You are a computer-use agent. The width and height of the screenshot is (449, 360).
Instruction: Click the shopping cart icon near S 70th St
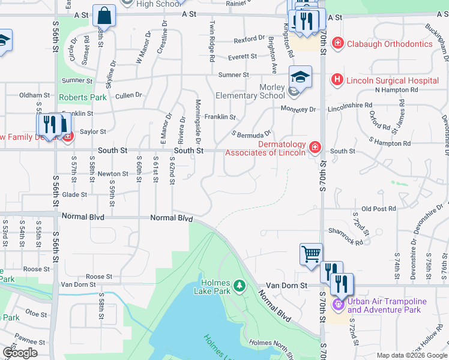click(311, 253)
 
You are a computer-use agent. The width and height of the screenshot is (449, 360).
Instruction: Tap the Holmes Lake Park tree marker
click(240, 284)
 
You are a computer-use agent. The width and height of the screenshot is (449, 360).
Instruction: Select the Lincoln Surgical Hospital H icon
click(337, 80)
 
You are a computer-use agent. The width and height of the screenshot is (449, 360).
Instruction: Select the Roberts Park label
click(82, 97)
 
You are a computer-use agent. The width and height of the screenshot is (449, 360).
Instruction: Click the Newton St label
click(113, 174)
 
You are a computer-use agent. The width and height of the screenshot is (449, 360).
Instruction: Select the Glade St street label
click(74, 194)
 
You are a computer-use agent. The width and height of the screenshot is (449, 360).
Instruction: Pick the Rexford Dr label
click(249, 40)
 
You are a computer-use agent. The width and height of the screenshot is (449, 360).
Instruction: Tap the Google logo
click(20, 353)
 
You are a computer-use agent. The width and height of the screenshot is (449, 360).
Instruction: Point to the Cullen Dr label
click(128, 95)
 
